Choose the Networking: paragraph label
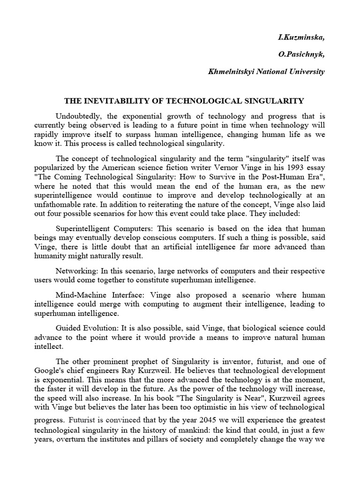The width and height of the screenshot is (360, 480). [75, 271]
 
